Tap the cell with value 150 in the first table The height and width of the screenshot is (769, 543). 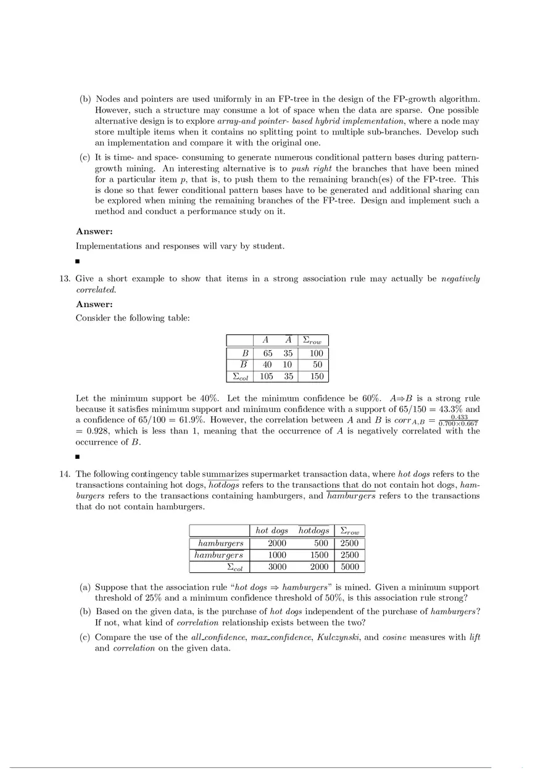(317, 376)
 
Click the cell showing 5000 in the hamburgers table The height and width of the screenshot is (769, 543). (349, 567)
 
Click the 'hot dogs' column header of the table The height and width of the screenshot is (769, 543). (271, 531)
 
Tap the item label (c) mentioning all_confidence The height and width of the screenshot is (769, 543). (86, 637)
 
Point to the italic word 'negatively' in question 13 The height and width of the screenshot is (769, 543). (460, 279)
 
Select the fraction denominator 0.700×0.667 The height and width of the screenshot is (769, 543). (458, 424)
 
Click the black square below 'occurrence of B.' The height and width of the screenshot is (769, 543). (78, 457)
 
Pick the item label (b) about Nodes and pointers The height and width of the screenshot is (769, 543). (86, 99)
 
